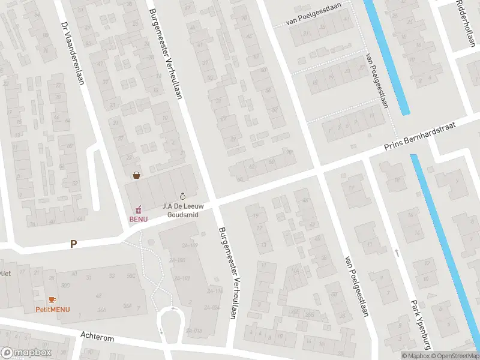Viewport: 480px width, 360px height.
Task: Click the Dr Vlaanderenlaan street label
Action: [x=73, y=54]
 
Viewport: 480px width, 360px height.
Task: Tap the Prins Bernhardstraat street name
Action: [x=421, y=137]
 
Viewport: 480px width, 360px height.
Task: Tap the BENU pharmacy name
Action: [x=138, y=219]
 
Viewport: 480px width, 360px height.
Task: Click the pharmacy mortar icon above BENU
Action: [x=138, y=209]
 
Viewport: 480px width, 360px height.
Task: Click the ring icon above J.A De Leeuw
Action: [x=183, y=196]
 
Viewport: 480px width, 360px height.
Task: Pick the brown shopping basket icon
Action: [x=137, y=175]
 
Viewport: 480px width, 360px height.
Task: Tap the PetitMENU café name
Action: [x=52, y=310]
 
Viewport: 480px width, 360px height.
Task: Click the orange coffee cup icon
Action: [x=52, y=299]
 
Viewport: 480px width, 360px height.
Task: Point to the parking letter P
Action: [x=74, y=244]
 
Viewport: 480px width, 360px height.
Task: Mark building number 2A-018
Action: [x=193, y=331]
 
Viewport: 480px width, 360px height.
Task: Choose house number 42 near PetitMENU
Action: [x=98, y=295]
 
